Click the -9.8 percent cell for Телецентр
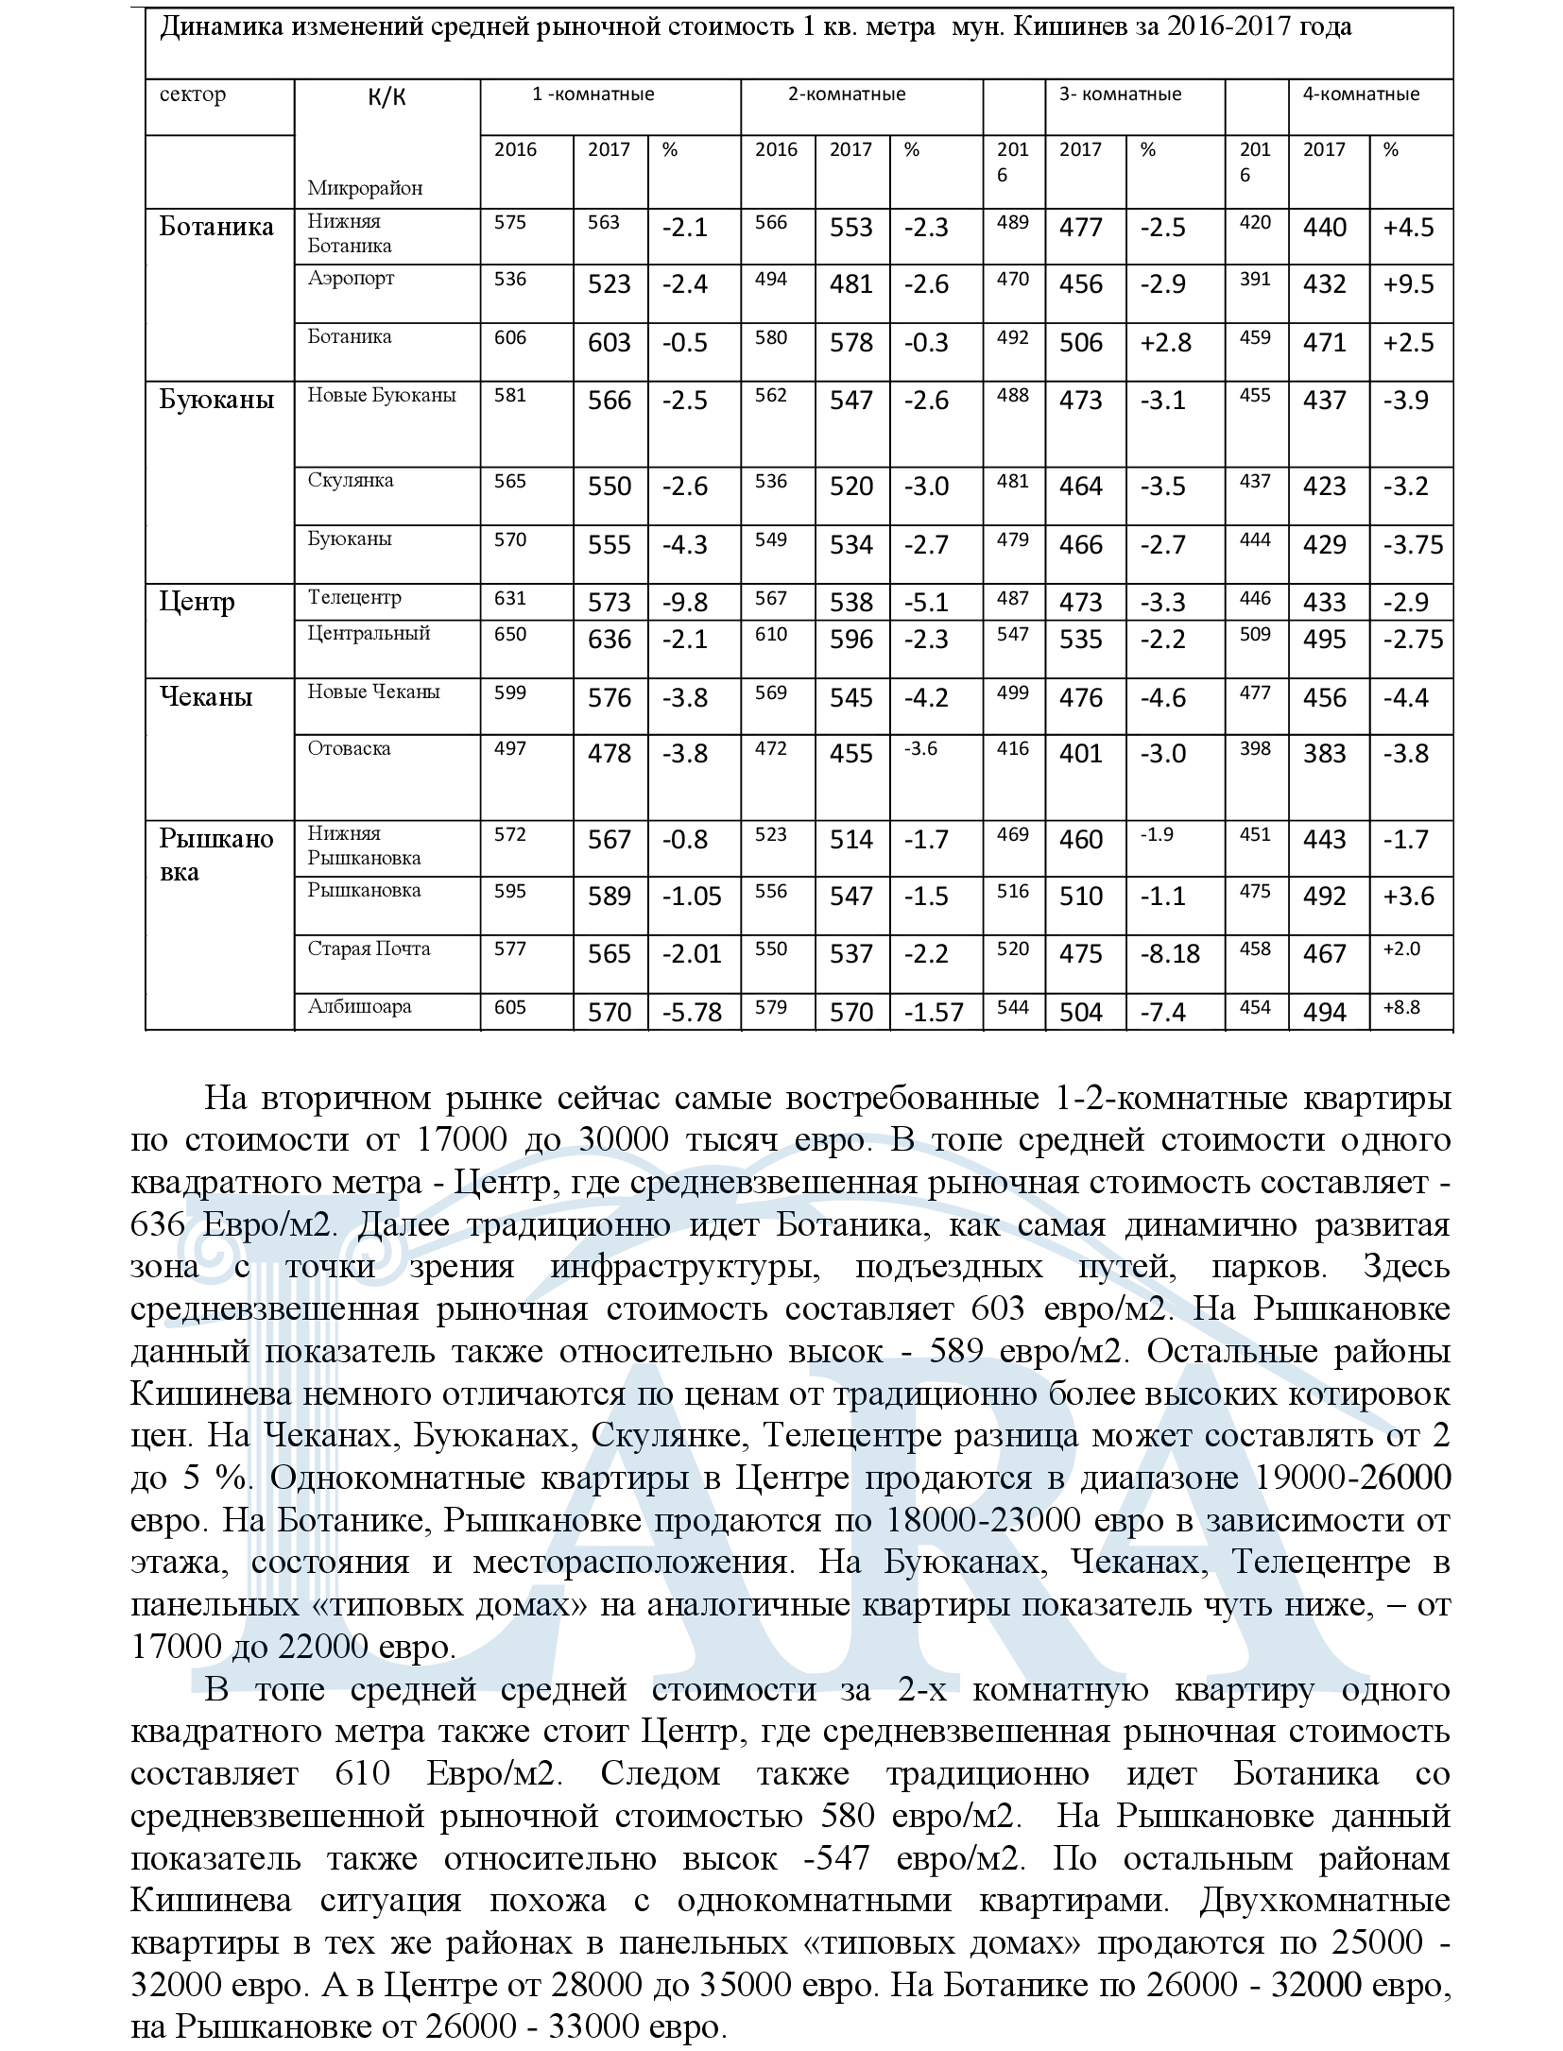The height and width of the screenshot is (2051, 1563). click(685, 603)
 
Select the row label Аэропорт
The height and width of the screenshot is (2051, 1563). click(351, 279)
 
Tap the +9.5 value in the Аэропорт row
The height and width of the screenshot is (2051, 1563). click(1408, 284)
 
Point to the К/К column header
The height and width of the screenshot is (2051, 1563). click(386, 97)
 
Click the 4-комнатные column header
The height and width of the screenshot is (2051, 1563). click(1361, 94)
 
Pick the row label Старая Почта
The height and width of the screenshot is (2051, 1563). click(369, 949)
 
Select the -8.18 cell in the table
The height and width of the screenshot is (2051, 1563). click(1170, 954)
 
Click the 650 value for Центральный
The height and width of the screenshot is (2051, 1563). click(510, 634)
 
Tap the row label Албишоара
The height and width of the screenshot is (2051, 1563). click(359, 1006)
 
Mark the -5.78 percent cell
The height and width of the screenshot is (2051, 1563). click(693, 1013)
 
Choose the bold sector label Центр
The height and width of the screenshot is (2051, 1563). click(197, 602)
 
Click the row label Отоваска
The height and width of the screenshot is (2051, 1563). click(349, 748)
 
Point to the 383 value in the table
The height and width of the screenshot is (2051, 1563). click(1324, 754)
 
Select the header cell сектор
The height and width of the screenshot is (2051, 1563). click(193, 94)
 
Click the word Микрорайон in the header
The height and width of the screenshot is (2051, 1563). click(365, 188)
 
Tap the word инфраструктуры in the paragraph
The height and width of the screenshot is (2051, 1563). click(686, 1267)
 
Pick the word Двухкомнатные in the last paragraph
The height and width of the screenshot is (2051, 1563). click(1325, 1900)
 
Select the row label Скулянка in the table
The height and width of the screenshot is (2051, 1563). click(351, 480)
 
